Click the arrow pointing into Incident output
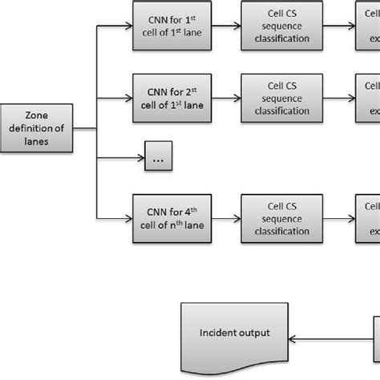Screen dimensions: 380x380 (329, 334)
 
